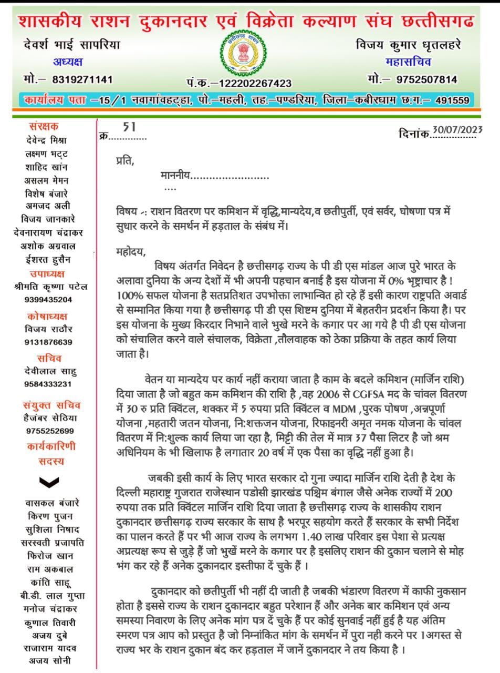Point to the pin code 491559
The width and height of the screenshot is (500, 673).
[452, 100]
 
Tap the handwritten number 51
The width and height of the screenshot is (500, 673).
[129, 127]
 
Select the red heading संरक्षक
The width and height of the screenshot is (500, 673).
[44, 126]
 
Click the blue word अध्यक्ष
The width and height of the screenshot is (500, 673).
[68, 62]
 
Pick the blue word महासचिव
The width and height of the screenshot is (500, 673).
[408, 62]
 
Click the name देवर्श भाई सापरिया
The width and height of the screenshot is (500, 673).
[71, 45]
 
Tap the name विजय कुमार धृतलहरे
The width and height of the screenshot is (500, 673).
[408, 45]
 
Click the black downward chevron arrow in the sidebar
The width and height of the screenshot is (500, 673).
[49, 481]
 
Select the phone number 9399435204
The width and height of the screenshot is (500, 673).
[48, 300]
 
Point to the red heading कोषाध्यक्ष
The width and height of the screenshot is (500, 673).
[47, 317]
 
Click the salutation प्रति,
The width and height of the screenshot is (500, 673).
[125, 161]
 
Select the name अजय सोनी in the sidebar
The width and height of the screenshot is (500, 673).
[50, 660]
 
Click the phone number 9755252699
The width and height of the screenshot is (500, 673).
[49, 431]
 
